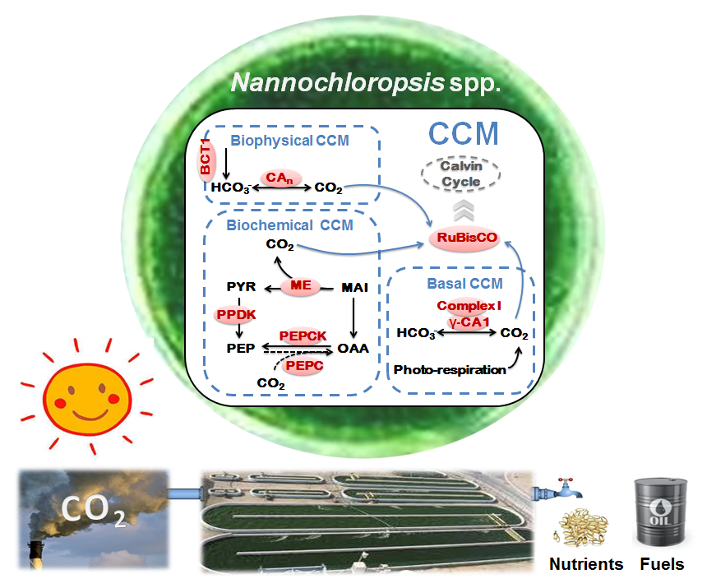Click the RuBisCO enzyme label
(464, 238)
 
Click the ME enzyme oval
(301, 286)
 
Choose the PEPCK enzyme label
(302, 335)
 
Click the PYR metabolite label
(240, 287)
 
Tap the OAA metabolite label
(353, 348)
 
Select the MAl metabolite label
(353, 287)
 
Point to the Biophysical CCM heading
(289, 141)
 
